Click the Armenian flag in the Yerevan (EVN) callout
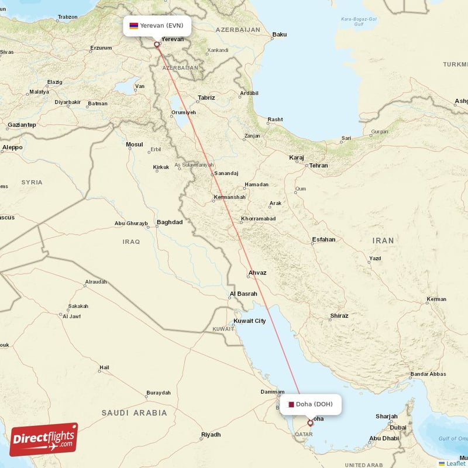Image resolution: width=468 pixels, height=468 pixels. coord(134,26)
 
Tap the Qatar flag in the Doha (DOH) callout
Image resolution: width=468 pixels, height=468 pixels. coord(291,404)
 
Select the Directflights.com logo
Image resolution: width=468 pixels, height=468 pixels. coord(44,439)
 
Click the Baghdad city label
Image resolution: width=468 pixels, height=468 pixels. coord(170,222)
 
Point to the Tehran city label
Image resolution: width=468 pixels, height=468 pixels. coord(319,166)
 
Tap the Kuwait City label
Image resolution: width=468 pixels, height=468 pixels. coord(250,321)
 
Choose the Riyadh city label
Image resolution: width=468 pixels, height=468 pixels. coord(211,435)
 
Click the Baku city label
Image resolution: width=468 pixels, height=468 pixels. coord(280,35)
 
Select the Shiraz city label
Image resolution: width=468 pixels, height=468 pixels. coord(339,316)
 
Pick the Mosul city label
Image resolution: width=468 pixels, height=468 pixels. coord(135,144)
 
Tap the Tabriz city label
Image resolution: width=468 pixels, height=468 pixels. coord(207,98)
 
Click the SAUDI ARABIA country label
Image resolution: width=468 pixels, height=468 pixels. coord(135,413)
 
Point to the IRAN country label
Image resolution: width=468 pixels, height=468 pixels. coord(383,240)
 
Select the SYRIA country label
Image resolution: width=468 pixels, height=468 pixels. coord(32,183)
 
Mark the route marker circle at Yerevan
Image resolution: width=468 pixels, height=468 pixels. coord(156,44)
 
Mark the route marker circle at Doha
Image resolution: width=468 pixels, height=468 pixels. coord(310,422)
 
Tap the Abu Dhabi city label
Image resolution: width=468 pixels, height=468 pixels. coord(384,438)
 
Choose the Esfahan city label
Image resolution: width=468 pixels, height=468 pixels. coord(324,239)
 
